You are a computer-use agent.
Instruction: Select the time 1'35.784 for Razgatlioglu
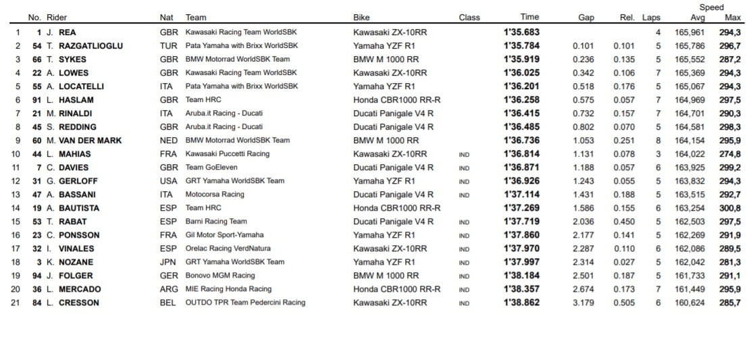(x=521, y=46)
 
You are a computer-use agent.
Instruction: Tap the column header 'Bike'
(x=361, y=18)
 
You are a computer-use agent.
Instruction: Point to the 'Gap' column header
(x=586, y=18)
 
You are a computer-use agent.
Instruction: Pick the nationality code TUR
(x=168, y=46)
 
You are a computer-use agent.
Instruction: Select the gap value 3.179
(x=584, y=303)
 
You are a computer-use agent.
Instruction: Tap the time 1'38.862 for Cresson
(x=521, y=303)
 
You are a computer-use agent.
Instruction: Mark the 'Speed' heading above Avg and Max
(x=711, y=7)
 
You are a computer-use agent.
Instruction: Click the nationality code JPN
(x=168, y=262)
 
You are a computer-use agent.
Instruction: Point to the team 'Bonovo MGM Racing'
(x=220, y=276)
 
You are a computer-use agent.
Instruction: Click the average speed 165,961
(x=690, y=32)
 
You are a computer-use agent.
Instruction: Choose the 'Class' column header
(x=469, y=18)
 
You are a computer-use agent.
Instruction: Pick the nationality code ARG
(x=168, y=289)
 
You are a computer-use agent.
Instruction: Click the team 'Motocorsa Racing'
(x=215, y=195)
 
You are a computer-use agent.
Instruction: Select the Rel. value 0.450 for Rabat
(x=624, y=222)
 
